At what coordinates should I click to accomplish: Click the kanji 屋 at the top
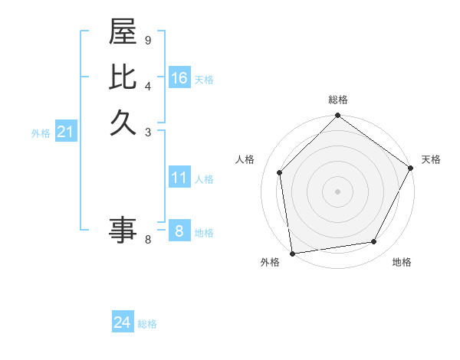pos(123,34)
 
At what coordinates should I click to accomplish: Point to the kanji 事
pos(123,230)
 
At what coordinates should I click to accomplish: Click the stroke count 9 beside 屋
pos(147,40)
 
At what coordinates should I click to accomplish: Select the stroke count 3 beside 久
pos(147,132)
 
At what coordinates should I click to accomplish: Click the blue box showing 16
pos(179,78)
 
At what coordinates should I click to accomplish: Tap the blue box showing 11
pos(179,178)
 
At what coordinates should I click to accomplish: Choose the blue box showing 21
pos(66,133)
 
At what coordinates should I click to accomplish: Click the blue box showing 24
pos(122,323)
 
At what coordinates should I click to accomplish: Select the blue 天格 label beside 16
pos(204,80)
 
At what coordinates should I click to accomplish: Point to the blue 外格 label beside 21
pos(41,133)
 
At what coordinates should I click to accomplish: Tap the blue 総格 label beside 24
pos(147,324)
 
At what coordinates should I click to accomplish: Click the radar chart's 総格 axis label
pos(337,100)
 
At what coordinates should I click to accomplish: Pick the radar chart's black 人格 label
pos(245,159)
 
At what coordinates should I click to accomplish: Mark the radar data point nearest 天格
pos(410,167)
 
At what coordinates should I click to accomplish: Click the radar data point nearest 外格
pos(292,253)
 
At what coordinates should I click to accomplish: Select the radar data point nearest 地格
pos(374,242)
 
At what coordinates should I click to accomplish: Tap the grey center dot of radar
pos(337,191)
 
